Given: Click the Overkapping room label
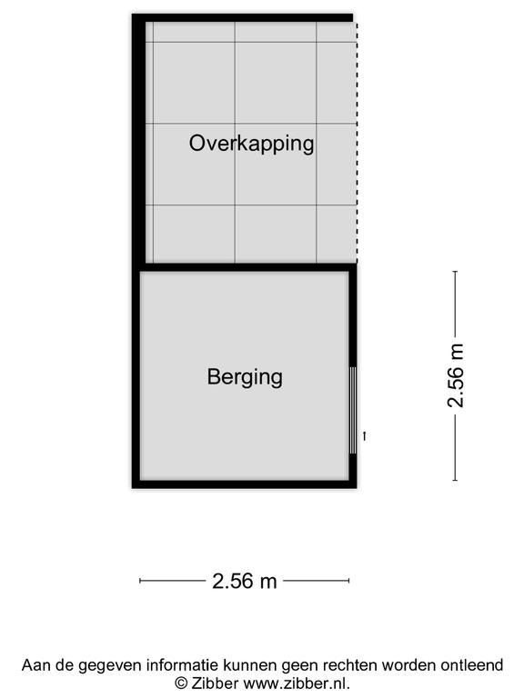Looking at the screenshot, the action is coord(251,144).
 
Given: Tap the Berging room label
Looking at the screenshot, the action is coord(245,377).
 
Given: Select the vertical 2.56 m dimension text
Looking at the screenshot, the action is coord(456,375).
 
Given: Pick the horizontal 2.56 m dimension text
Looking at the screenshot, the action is coord(244,581).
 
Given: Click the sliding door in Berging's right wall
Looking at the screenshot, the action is coord(353,410).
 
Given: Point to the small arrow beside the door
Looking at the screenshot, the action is coord(365,436).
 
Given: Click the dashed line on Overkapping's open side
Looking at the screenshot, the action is coord(357,142).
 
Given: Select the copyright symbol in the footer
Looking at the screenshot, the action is coord(181,683).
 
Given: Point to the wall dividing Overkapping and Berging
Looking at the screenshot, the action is coord(248,267).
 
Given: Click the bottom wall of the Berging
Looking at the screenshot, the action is coord(244,484).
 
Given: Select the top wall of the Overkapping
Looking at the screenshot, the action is coord(242,18).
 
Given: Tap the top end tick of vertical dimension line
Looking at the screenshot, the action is coord(455,271).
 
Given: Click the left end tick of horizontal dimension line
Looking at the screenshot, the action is coord(140,581).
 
